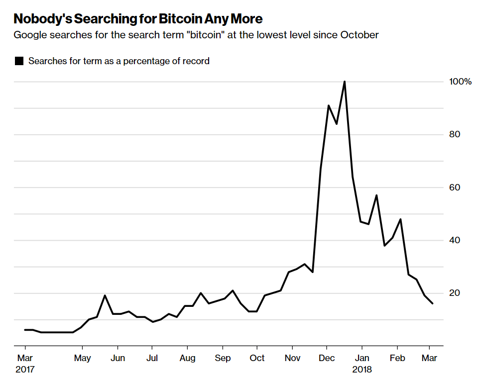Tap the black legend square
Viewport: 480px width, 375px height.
tap(19, 61)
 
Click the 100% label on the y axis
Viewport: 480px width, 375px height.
tap(460, 82)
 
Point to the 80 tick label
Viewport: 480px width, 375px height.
tap(454, 134)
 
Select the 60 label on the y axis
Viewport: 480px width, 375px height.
tap(454, 187)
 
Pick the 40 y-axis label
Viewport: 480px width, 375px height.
tap(454, 240)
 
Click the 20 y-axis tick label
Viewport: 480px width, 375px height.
tap(454, 293)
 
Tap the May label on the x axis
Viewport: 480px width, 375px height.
tap(82, 358)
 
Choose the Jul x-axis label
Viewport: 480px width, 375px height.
tap(152, 358)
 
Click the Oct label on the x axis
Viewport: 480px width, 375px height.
tap(257, 358)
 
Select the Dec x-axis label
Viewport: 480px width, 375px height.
tap(327, 358)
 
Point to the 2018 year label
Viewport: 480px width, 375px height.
tap(361, 369)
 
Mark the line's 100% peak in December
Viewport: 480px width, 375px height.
tap(345, 82)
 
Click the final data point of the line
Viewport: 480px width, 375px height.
tap(432, 303)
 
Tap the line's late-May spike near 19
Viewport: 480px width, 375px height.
tap(105, 295)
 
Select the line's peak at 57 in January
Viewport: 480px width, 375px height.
tap(376, 195)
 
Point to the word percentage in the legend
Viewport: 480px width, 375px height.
tap(149, 61)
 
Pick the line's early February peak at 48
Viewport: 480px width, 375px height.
tap(400, 219)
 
